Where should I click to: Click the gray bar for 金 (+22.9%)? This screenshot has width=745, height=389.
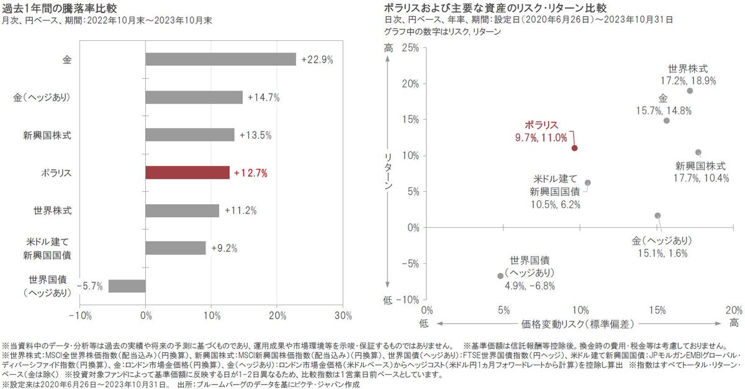coord(220,60)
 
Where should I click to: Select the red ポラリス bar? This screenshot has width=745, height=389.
coord(187,173)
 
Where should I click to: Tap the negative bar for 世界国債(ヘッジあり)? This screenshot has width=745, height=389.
coord(127,285)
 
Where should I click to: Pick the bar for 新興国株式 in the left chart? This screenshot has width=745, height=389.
coord(190,135)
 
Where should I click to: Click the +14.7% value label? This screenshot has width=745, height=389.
coord(263,97)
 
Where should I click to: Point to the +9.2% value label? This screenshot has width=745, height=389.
coord(224,248)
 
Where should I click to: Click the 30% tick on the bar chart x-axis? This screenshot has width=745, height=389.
coord(343,315)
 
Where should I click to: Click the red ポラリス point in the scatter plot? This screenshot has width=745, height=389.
coord(575,148)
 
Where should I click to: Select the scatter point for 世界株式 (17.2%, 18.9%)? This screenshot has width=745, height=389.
coord(690,91)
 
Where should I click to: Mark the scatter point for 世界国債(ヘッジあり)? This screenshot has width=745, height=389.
coord(500,275)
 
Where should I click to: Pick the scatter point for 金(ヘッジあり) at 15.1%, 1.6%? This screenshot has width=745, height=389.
coord(657,215)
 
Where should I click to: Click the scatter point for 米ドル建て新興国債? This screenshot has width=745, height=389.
coord(588,183)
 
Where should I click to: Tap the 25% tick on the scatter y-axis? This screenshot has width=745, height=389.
coord(410,48)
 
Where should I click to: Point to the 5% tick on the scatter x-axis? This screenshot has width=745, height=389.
coord(503,310)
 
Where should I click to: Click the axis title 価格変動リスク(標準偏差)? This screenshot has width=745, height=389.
coord(580,323)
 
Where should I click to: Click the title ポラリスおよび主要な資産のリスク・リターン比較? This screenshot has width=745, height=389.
coord(495,8)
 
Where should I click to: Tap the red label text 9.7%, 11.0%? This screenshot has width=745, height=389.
coord(541,136)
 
